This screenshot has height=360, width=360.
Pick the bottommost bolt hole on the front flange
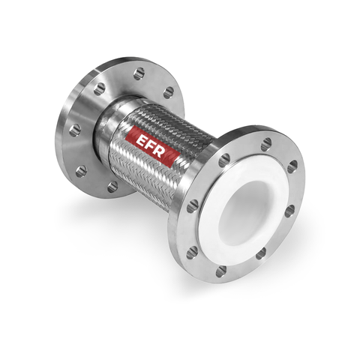point(221,271)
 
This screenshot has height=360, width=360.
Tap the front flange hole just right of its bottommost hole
point(259,255)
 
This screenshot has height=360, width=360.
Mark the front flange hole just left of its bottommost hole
point(193,252)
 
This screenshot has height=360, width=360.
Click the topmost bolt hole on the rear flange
point(139,73)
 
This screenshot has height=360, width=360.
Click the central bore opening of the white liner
point(251,208)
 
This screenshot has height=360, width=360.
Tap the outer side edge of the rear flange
point(61,150)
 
